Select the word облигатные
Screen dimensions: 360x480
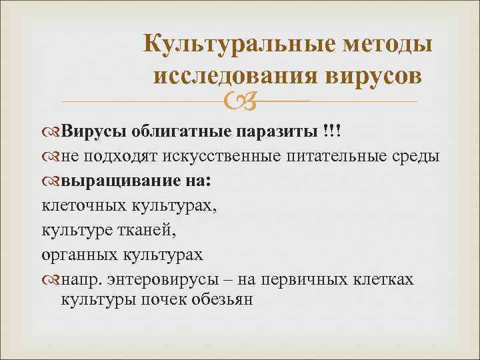tap(177, 131)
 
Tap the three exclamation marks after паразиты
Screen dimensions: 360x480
tap(329, 131)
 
